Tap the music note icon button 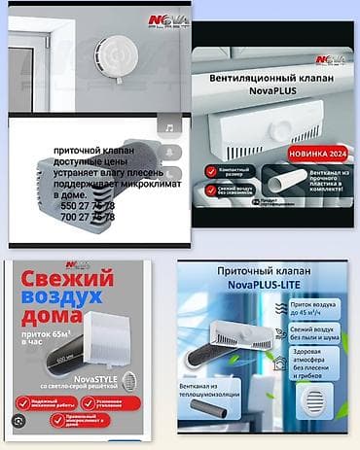click(167, 127)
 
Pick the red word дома click(45, 320)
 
